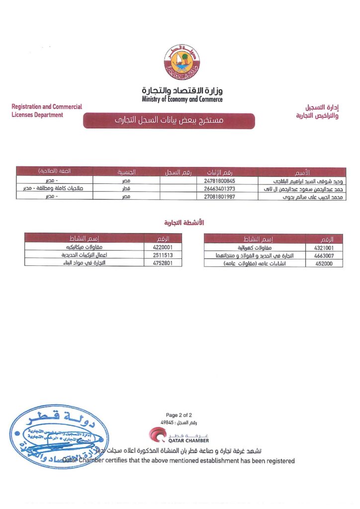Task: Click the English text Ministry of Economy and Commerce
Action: pos(182,99)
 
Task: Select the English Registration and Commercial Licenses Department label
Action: pos(46,111)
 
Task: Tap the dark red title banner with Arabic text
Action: pos(169,121)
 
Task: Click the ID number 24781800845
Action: pos(219,180)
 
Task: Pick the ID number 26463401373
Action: pos(219,188)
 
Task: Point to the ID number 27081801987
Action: pos(219,196)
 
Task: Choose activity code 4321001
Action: pos(324,248)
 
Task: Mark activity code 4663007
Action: pos(324,255)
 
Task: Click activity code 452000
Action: pos(324,263)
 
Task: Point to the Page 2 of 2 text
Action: pos(179,415)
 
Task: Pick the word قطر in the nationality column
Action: pos(126,188)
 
